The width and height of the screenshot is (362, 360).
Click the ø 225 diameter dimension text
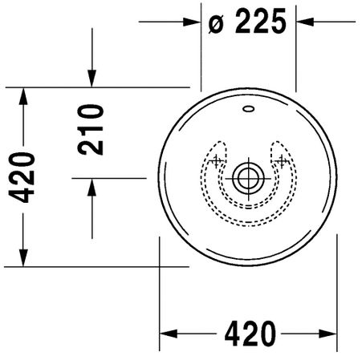[247, 21]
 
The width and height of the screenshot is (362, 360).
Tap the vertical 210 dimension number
[90, 130]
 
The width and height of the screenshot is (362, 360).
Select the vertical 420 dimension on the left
[22, 177]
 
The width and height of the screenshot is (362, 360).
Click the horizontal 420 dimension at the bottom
[250, 334]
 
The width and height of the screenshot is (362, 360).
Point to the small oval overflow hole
[248, 109]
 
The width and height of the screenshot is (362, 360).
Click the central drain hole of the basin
[248, 178]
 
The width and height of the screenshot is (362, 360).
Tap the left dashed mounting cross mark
[216, 161]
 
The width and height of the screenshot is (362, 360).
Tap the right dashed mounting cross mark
[281, 161]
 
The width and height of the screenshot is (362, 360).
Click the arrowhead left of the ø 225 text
[192, 22]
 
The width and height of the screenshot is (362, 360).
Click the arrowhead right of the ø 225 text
[304, 22]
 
